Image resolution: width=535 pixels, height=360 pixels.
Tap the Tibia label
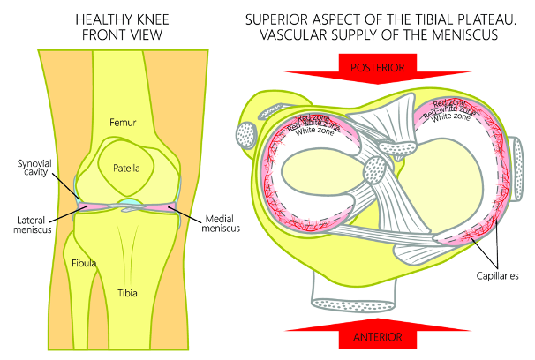coord(129,291)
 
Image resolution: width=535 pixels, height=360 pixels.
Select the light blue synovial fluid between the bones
coord(130,206)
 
